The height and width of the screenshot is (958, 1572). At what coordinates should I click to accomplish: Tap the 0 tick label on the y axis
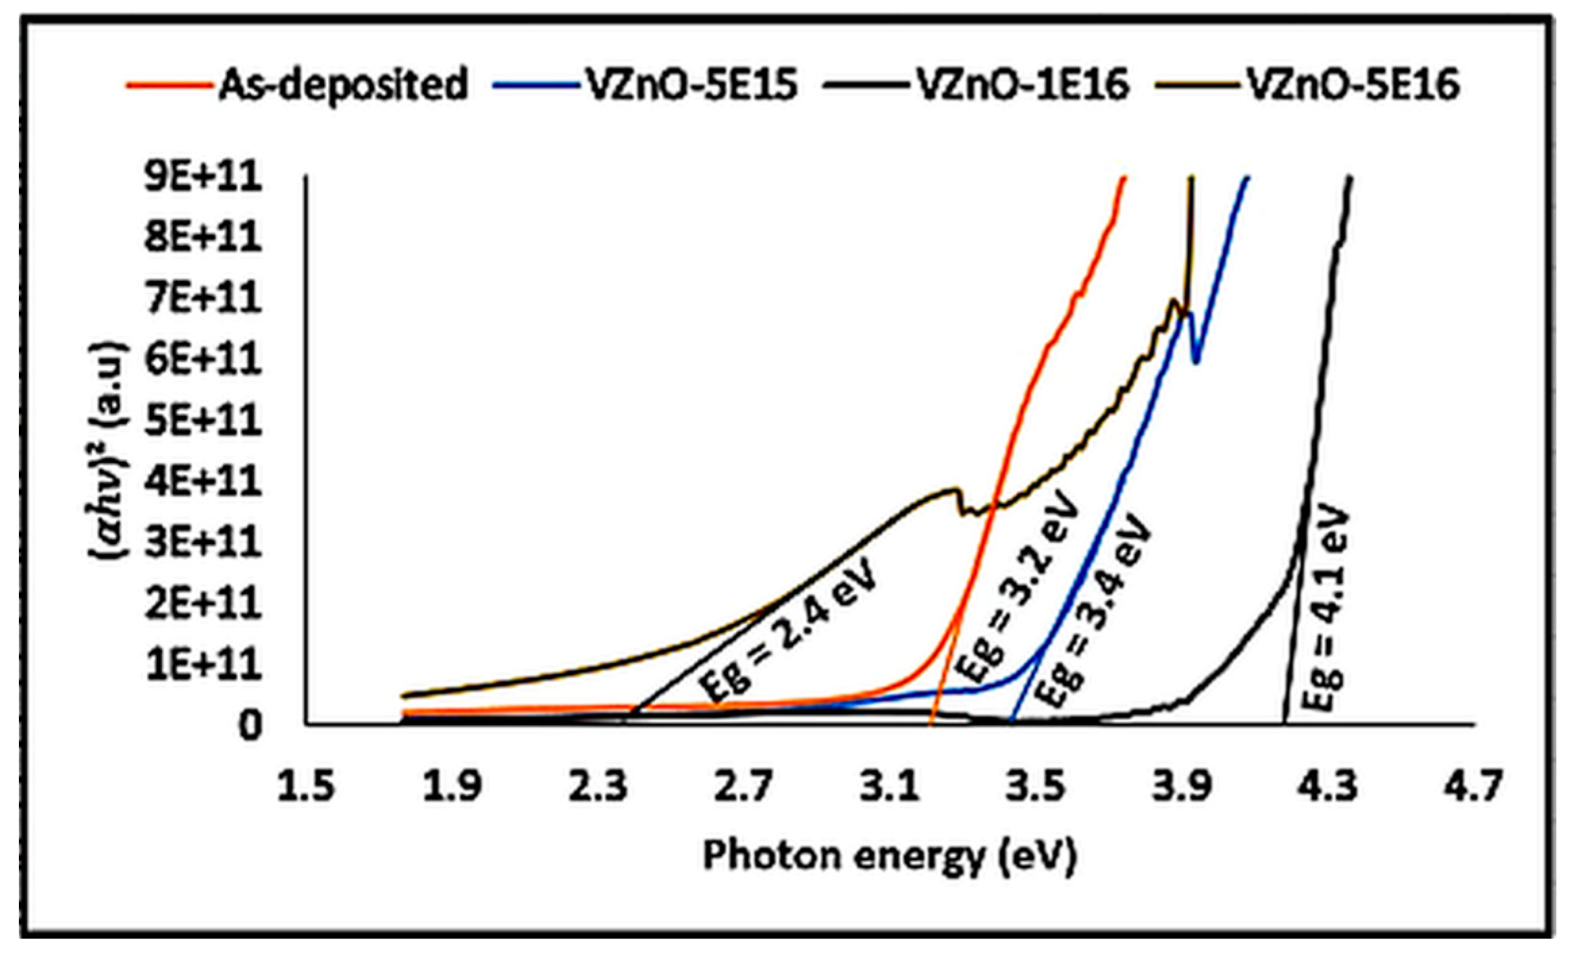249,726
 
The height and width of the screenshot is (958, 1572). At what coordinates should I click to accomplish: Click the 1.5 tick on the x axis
306,787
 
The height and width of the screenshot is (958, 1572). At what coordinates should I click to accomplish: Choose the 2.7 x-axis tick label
743,787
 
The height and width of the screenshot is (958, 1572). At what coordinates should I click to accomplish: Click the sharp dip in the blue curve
1197,361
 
